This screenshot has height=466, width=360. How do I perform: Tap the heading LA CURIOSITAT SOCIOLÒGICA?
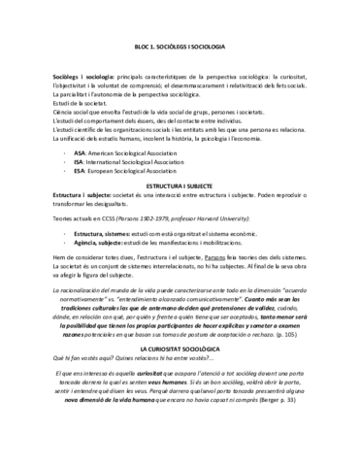[180, 347]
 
